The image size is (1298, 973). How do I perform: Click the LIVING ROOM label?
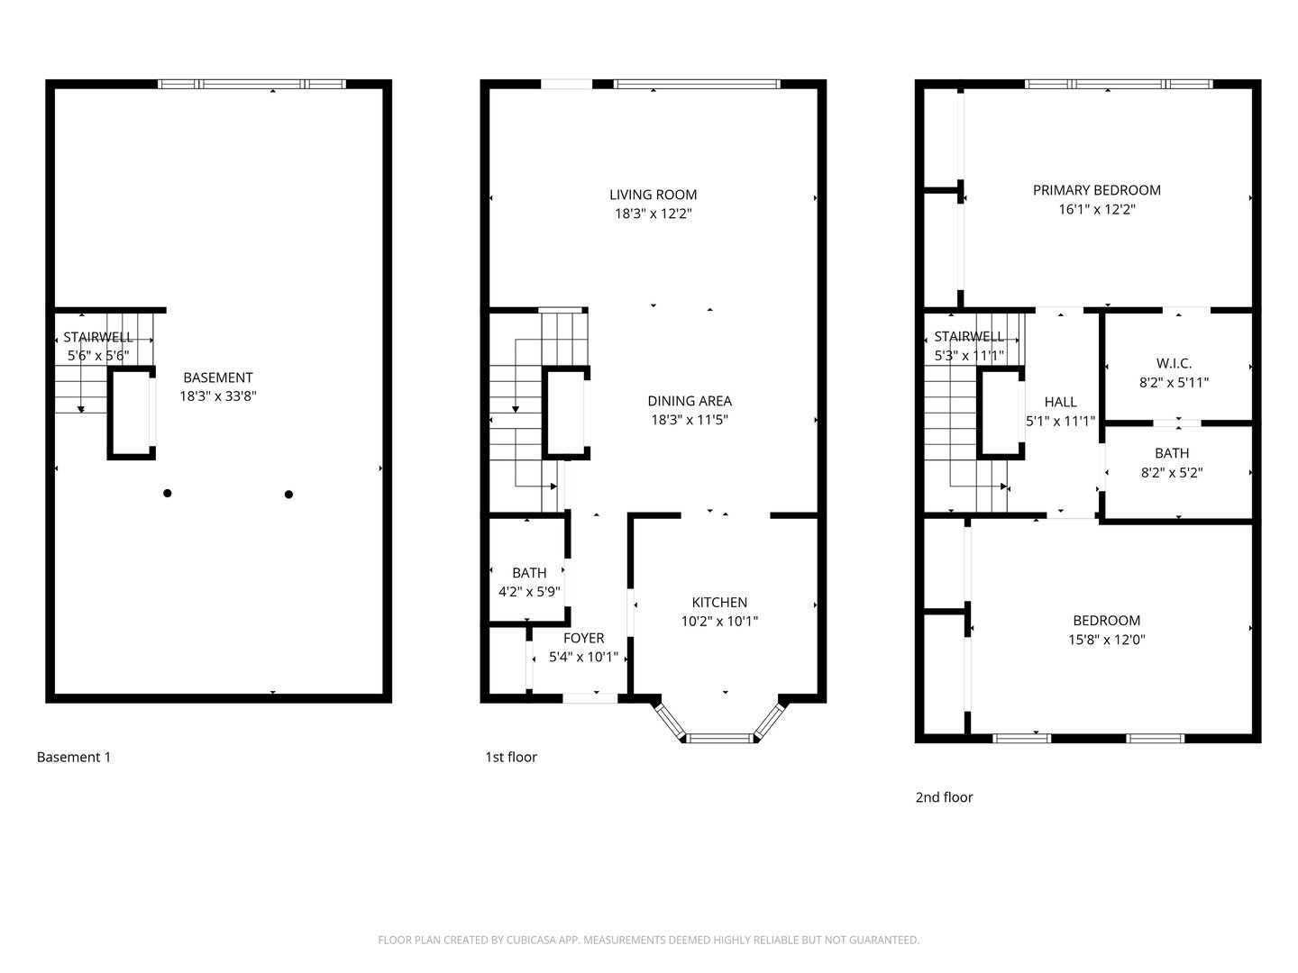point(653,195)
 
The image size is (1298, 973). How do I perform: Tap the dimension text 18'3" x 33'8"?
point(218,396)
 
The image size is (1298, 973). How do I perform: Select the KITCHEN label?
point(718,603)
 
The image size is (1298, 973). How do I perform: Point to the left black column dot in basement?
point(168,493)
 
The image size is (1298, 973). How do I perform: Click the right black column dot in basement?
point(288,494)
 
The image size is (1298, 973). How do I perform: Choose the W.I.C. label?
point(1174,363)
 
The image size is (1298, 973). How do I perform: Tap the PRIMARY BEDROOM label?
point(1096,190)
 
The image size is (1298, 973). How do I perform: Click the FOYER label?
point(583,638)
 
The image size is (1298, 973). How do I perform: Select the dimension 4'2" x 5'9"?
point(529,592)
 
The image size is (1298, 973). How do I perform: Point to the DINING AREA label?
point(689,401)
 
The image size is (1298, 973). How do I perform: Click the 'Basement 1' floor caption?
point(74,757)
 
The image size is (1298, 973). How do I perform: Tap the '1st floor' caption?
point(510,757)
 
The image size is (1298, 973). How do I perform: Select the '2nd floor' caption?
point(944,796)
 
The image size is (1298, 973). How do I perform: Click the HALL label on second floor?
point(1060,402)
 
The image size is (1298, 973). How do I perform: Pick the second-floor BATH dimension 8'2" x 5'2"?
point(1172,472)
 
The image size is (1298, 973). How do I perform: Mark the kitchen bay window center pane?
point(719,739)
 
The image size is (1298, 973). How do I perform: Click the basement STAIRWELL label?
point(98,337)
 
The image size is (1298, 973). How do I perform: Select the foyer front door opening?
point(590,697)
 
